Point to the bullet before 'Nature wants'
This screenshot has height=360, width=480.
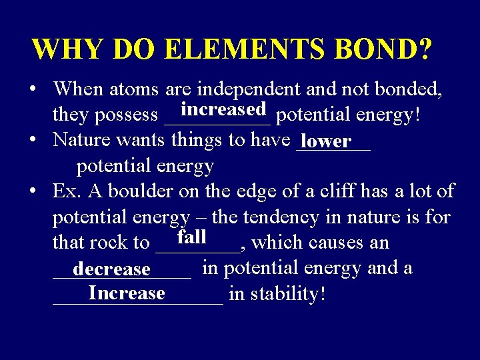33,141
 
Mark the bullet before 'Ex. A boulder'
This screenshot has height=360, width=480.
33,192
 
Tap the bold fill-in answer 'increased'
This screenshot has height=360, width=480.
223,109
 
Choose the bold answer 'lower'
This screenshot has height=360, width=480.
325,141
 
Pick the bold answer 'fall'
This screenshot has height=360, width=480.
191,237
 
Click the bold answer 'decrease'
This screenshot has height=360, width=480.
111,269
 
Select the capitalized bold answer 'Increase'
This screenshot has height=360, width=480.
126,293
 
